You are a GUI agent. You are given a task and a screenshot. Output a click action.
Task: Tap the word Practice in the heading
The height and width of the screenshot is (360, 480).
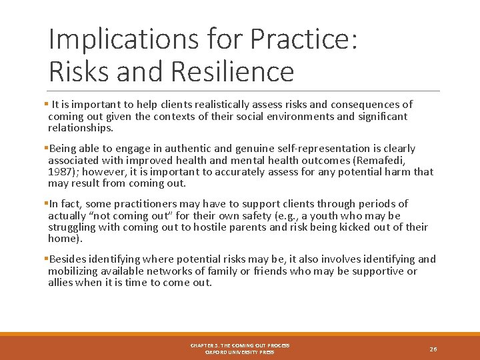click(303, 39)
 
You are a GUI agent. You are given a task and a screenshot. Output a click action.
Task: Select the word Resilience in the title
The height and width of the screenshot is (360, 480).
click(231, 71)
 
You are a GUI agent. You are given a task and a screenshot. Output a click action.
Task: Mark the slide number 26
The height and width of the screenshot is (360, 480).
click(433, 349)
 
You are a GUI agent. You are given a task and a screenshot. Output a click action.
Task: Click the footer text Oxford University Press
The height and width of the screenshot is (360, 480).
click(239, 352)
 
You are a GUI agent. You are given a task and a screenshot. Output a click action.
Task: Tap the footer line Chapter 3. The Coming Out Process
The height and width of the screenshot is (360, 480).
click(239, 345)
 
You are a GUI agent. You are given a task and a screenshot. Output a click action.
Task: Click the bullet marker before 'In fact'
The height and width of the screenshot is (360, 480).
click(47, 204)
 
